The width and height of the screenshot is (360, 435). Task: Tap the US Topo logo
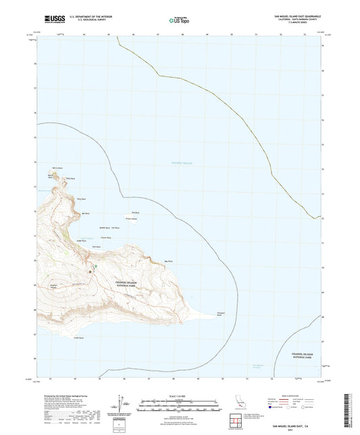click(x=179, y=20)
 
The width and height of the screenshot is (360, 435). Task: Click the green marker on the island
click(x=97, y=266)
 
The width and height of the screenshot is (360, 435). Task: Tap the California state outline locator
click(x=241, y=403)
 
